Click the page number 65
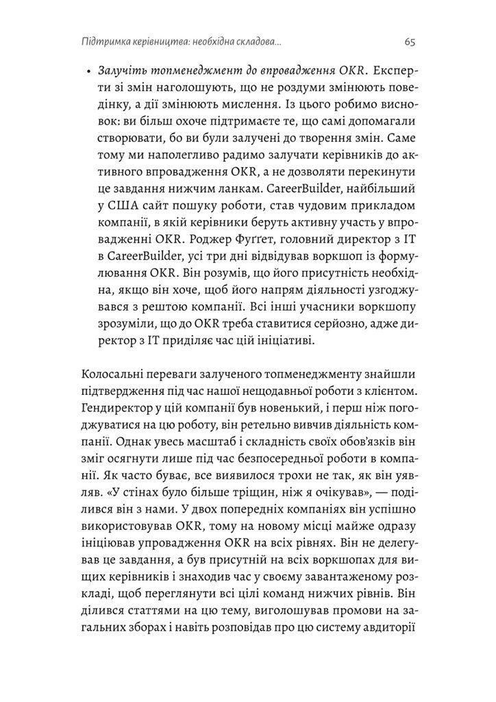(x=410, y=42)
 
